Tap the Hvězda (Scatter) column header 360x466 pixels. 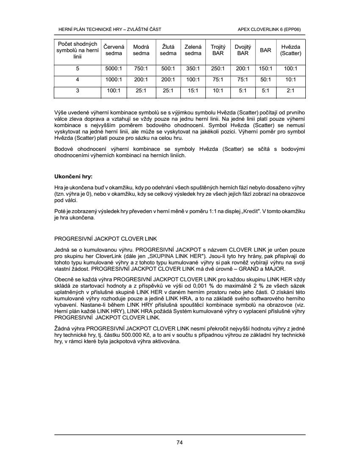[x=291, y=50]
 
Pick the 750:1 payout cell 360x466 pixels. [x=141, y=69]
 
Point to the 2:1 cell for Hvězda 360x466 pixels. [x=291, y=90]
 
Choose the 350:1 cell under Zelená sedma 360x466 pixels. [x=193, y=69]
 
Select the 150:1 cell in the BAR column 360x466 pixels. [x=266, y=69]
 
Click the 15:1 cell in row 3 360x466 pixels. [x=193, y=90]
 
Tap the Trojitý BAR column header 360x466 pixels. [x=218, y=50]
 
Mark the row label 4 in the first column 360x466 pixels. [x=78, y=79]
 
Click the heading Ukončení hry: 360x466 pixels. [x=73, y=176]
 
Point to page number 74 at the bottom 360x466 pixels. [x=180, y=443]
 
